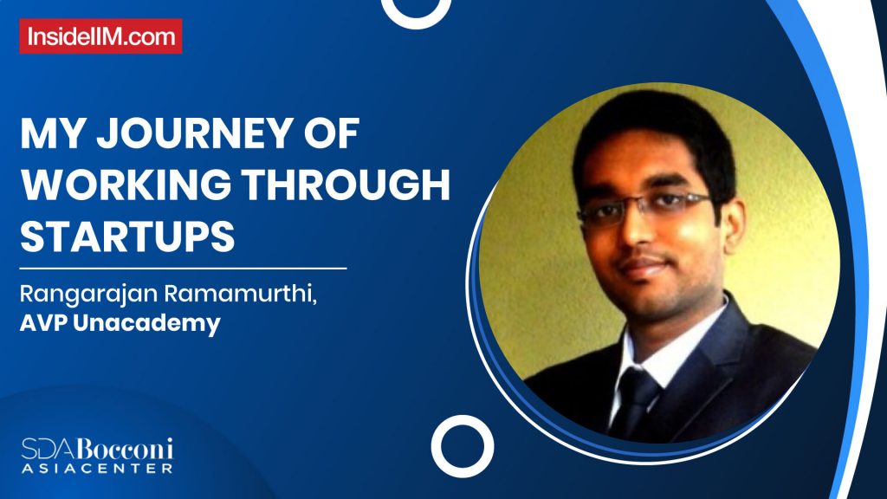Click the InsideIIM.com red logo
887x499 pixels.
coord(101,36)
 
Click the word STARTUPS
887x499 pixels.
coord(127,236)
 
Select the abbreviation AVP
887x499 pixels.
coord(46,325)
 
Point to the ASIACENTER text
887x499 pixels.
coord(97,468)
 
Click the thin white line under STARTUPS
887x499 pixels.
coord(184,269)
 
